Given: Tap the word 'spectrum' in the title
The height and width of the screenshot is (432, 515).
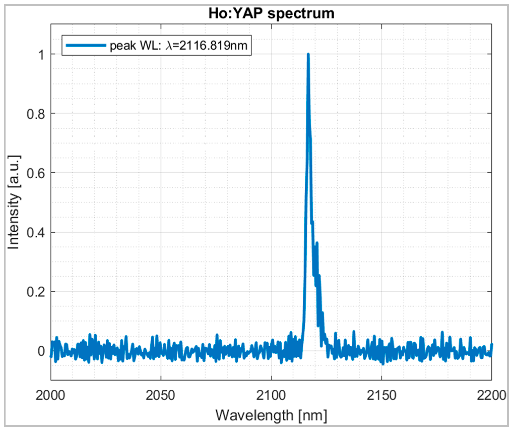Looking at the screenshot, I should pos(301,14).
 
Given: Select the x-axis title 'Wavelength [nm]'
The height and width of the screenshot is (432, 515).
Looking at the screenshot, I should pos(271,415).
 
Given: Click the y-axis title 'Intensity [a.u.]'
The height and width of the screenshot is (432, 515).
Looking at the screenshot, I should pos(14,202).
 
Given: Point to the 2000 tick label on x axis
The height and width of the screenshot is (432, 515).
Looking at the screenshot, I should pos(50,395).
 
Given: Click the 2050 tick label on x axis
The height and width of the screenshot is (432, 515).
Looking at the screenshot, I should pos(160,395).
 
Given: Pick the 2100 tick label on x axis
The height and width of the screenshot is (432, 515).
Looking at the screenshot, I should pos(271,395).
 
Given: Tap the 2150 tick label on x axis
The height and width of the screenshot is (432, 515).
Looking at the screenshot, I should pos(381,395).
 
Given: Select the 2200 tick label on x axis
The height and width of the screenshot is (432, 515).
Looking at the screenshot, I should pos(491,395).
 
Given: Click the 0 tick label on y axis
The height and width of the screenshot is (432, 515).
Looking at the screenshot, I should pos(41,351).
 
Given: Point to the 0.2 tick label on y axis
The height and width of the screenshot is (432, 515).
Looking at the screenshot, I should pos(36,292).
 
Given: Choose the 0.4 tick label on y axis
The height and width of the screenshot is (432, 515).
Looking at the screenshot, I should pos(36,232).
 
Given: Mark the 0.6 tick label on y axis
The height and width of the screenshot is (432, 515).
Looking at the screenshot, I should pos(36,173).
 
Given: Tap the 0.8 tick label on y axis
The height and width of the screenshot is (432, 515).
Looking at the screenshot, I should pos(36,114).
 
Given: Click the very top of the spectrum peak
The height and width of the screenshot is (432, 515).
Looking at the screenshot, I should pos(308,54).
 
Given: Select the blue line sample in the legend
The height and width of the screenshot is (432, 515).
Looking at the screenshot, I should pos(86,45).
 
